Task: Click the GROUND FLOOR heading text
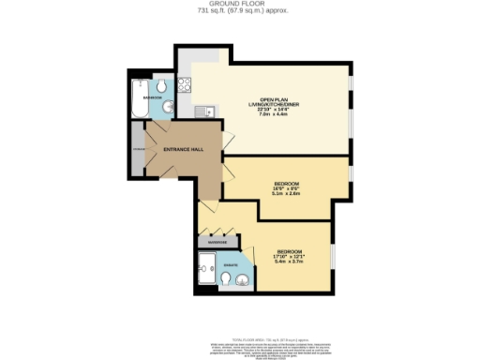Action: tap(240, 4)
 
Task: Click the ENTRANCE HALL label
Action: tap(182, 150)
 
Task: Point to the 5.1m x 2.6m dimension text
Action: tap(286, 194)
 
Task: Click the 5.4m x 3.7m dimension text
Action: tap(288, 262)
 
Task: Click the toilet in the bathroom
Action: tap(163, 86)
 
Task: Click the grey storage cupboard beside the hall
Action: tap(138, 150)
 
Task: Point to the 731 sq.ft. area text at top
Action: tap(240, 11)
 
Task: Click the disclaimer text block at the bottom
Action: tap(240, 335)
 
